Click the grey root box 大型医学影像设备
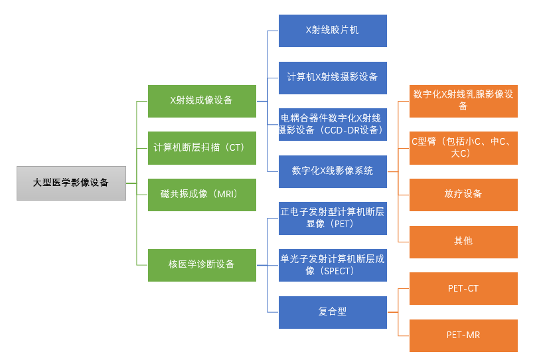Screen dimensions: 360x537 pos(71,183)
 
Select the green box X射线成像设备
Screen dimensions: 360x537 pos(202,101)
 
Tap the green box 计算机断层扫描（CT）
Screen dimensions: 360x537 pos(202,147)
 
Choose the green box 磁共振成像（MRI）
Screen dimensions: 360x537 pos(202,194)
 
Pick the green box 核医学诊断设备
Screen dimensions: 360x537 pos(202,264)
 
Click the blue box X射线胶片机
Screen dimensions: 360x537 pos(333,31)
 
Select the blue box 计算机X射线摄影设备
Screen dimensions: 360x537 pos(333,77)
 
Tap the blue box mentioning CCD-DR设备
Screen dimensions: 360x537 pos(333,124)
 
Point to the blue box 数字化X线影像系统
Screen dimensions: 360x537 pos(333,171)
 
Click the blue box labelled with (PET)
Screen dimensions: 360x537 pos(333,218)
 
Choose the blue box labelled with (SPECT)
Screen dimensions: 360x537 pos(333,264)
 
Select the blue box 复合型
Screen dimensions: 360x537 pos(333,312)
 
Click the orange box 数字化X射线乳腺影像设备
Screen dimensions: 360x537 pos(463,101)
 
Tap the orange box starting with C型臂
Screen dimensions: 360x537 pos(463,147)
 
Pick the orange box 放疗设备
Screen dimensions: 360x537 pos(463,194)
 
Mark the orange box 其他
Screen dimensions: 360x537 pos(463,241)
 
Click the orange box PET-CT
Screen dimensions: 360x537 pos(463,288)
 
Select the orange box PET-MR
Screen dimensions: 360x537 pos(463,335)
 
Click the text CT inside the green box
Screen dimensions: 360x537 pos(236,147)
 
